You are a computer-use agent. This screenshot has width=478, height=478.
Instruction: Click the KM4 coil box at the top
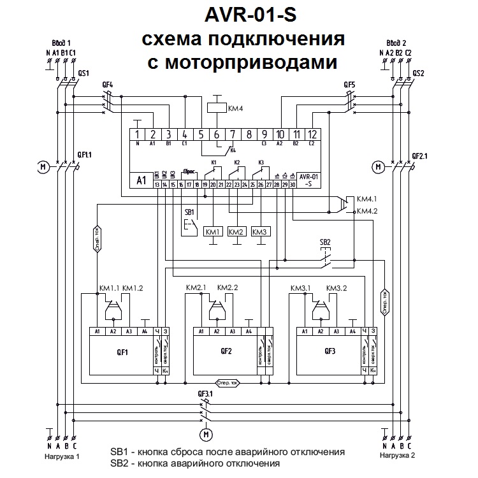tap(217, 108)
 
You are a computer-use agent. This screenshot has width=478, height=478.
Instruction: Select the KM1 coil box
tap(212, 231)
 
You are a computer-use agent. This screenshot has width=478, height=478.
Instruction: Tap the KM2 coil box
tap(236, 231)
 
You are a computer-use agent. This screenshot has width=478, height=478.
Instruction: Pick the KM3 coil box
tap(260, 231)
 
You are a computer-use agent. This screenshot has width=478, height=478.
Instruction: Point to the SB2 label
tap(325, 242)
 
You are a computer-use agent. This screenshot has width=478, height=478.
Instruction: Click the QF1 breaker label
tap(122, 351)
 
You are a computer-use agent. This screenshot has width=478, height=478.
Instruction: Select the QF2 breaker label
tap(226, 351)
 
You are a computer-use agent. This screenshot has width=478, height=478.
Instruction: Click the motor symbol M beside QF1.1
tap(43, 167)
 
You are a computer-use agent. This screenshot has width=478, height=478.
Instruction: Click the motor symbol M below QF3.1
tap(205, 435)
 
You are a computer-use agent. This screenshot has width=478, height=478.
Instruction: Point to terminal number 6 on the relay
tap(216, 134)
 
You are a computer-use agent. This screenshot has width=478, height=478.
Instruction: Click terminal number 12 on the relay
tap(310, 134)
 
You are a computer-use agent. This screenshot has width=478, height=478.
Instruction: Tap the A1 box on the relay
tap(141, 180)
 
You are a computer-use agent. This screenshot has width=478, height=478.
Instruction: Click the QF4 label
tap(107, 85)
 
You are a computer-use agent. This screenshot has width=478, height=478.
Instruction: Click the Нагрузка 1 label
tap(62, 456)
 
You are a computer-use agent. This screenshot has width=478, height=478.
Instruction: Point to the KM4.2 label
tap(368, 211)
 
